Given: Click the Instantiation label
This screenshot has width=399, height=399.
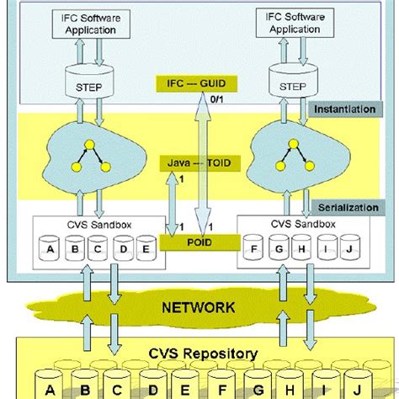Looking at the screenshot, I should [x=343, y=109].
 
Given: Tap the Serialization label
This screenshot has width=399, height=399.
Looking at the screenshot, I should [x=344, y=207].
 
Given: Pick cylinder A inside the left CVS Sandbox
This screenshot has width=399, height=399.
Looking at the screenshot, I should [x=49, y=250].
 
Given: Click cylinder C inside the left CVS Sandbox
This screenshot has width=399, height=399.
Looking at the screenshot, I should [x=98, y=250].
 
